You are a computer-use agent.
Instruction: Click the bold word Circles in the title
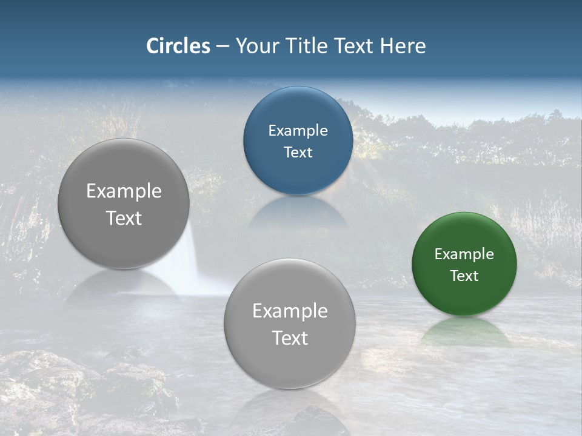pyautogui.click(x=178, y=46)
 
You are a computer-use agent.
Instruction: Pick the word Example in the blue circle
pyautogui.click(x=298, y=131)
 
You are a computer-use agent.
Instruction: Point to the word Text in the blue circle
pyautogui.click(x=298, y=153)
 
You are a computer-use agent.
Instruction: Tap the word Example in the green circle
pyautogui.click(x=464, y=254)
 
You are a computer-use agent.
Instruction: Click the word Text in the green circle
pyautogui.click(x=464, y=276)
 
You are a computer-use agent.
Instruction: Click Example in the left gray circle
pyautogui.click(x=124, y=191)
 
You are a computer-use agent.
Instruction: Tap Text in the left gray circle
pyautogui.click(x=124, y=218)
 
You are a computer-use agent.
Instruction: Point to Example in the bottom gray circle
pyautogui.click(x=290, y=311)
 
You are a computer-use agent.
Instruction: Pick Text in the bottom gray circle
pyautogui.click(x=290, y=338)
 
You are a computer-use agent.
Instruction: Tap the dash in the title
pyautogui.click(x=222, y=47)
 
